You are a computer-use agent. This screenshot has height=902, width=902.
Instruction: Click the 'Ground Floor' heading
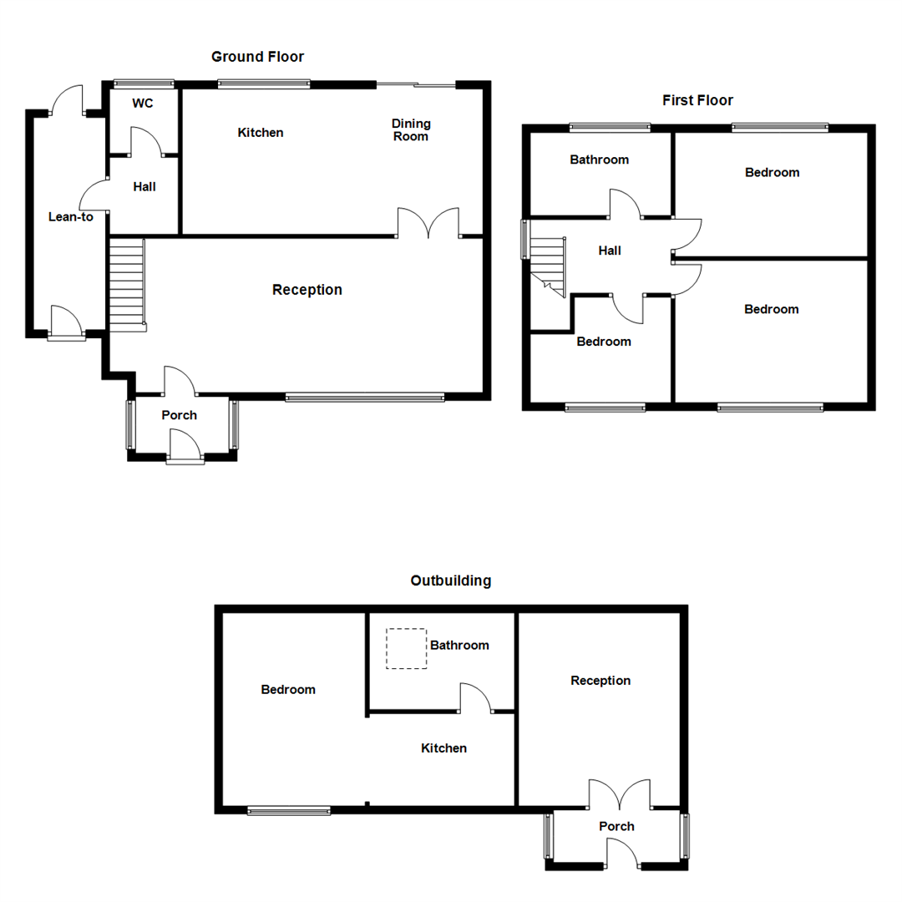pyautogui.click(x=257, y=57)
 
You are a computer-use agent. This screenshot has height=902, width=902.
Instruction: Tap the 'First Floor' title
pyautogui.click(x=697, y=100)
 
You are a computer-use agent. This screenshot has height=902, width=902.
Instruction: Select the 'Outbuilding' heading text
pyautogui.click(x=451, y=580)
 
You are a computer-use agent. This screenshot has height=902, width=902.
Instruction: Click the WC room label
pyautogui.click(x=143, y=104)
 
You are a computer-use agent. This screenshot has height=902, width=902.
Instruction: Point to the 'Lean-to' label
pyautogui.click(x=71, y=216)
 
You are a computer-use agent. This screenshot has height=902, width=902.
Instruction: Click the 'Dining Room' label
pyautogui.click(x=411, y=129)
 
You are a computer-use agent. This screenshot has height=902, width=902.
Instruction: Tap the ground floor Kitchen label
pyautogui.click(x=261, y=133)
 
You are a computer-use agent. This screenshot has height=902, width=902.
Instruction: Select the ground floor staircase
pyautogui.click(x=127, y=284)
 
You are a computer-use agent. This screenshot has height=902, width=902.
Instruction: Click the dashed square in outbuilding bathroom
pyautogui.click(x=407, y=648)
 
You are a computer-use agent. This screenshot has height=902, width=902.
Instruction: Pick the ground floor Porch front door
pyautogui.click(x=185, y=445)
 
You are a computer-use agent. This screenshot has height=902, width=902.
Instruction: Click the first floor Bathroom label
pyautogui.click(x=599, y=160)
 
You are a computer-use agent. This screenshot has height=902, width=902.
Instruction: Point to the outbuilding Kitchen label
pyautogui.click(x=443, y=748)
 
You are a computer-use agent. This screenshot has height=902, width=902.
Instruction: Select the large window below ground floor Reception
pyautogui.click(x=365, y=398)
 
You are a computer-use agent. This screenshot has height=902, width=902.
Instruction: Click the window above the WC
pyautogui.click(x=144, y=83)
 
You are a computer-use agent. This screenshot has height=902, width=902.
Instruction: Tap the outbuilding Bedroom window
pyautogui.click(x=289, y=810)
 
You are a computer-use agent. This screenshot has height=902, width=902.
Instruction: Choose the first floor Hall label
pyautogui.click(x=610, y=251)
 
